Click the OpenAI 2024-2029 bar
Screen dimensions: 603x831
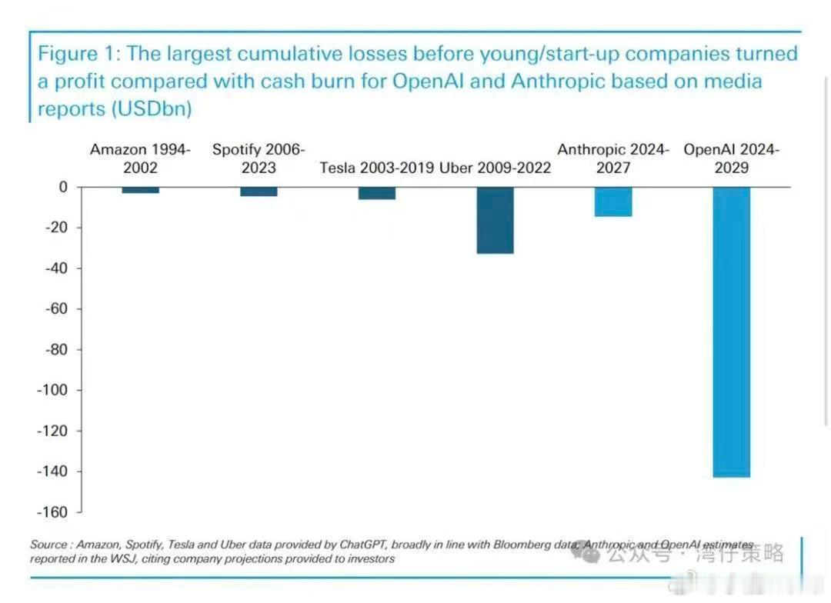[731, 331]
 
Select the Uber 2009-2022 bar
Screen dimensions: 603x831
[495, 220]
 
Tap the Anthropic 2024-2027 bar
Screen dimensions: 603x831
[613, 202]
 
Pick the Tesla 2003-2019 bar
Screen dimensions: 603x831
[377, 193]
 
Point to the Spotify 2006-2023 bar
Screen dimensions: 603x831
[259, 192]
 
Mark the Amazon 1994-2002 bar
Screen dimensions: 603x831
[141, 190]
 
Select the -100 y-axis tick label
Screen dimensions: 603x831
[52, 390]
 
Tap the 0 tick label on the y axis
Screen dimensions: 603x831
[63, 187]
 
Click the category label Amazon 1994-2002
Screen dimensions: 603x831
[141, 158]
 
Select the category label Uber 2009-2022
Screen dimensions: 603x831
[495, 168]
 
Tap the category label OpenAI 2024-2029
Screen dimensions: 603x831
[731, 158]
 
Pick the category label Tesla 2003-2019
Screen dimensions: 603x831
[377, 168]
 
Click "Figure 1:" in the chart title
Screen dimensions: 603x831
[79, 55]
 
